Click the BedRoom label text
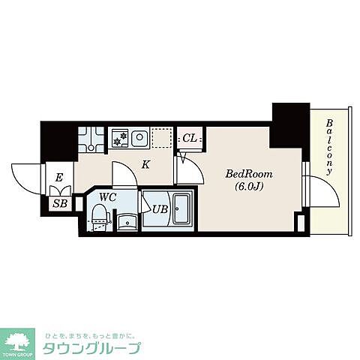[x=249, y=174]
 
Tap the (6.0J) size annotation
[x=249, y=186]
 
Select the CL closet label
[x=190, y=138]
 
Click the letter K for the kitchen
[x=145, y=165]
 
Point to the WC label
[x=108, y=197]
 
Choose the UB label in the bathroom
[x=160, y=209]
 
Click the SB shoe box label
[x=60, y=204]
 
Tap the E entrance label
[x=58, y=178]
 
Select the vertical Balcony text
[x=330, y=147]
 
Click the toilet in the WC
[x=100, y=217]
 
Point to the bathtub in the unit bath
[x=181, y=209]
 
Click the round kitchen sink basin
[x=139, y=137]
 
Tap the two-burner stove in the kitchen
[x=121, y=138]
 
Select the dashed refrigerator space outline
[x=162, y=138]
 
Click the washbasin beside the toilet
[x=127, y=222]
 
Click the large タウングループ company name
[x=91, y=347]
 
